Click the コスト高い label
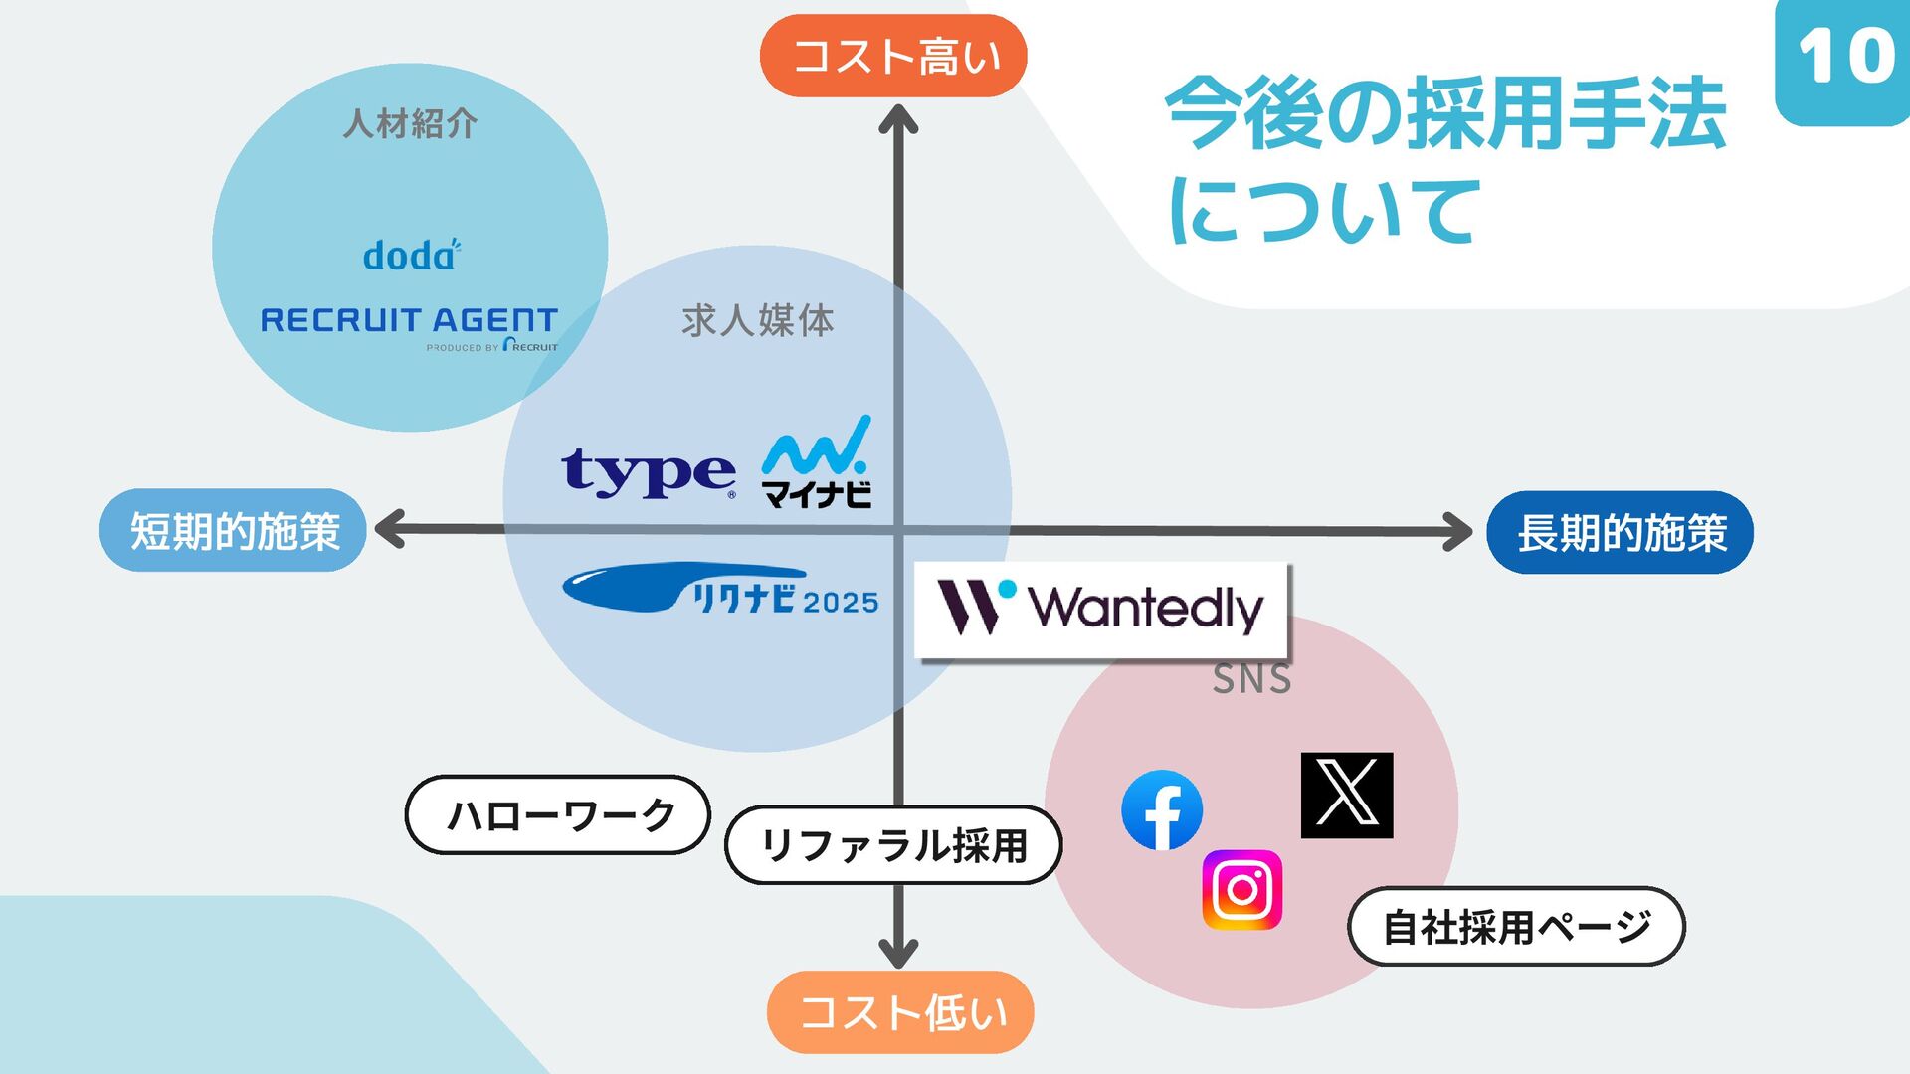click(893, 56)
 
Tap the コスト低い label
click(900, 1012)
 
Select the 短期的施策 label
click(234, 531)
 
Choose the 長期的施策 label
click(1620, 533)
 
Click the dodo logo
click(411, 255)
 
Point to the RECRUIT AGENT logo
click(409, 325)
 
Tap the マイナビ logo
click(817, 463)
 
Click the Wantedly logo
click(1101, 609)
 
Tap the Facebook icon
click(1161, 810)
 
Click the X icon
click(1347, 795)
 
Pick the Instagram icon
click(1241, 889)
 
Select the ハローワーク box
click(558, 815)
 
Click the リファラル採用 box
click(893, 845)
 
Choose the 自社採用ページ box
click(1516, 927)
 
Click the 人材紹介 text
click(410, 124)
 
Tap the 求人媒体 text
click(758, 321)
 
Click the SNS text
click(1251, 680)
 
